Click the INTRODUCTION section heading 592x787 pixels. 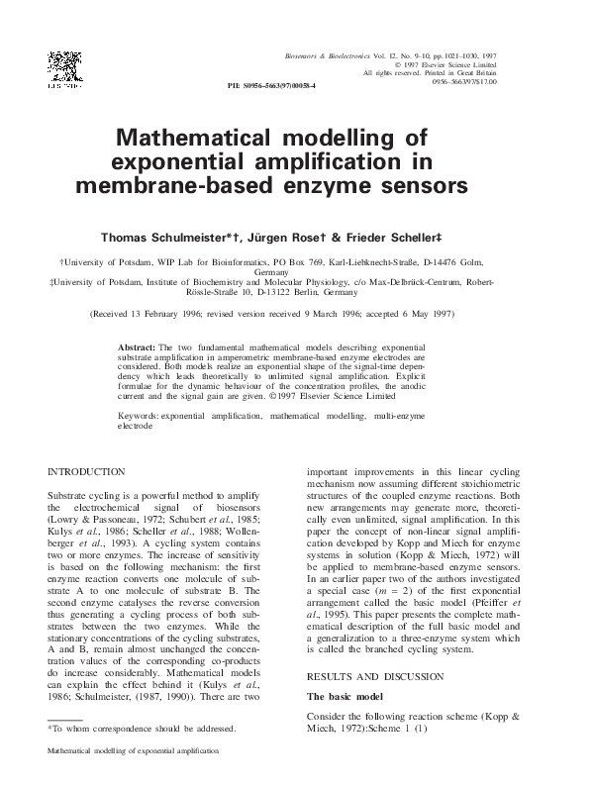[87, 472]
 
